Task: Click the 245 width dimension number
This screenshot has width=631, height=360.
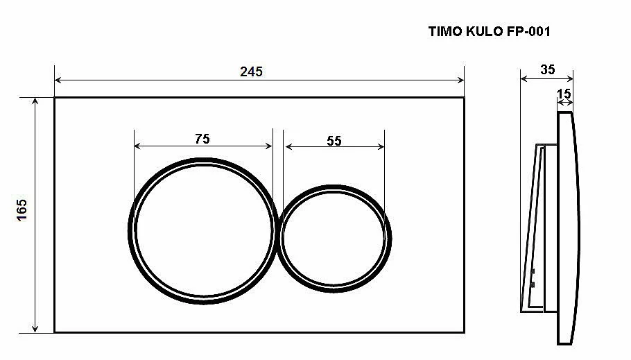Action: [x=251, y=71]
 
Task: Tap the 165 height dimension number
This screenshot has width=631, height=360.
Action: [x=21, y=209]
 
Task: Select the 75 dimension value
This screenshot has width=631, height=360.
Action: [x=202, y=139]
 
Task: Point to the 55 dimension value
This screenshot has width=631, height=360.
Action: [x=334, y=141]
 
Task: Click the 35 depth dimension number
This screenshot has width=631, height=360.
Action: [x=547, y=69]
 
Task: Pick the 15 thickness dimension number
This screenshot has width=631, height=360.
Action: [x=564, y=94]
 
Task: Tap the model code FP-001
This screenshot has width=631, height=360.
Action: [x=528, y=31]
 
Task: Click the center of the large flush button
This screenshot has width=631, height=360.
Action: [x=204, y=231]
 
